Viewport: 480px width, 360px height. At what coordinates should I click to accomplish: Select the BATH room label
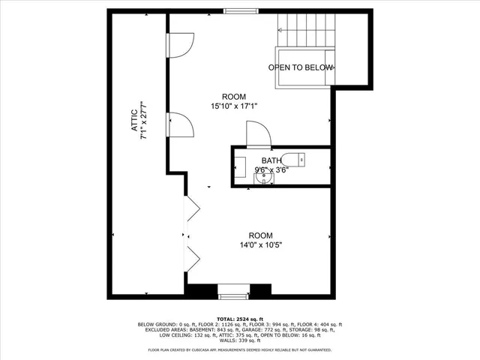[271, 160]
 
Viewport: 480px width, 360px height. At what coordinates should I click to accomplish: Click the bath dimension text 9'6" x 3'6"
[271, 169]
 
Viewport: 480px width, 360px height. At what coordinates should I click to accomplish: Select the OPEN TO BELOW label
[301, 67]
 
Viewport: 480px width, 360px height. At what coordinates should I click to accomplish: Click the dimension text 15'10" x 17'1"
[234, 106]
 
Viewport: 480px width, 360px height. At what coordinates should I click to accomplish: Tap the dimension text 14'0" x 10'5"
[260, 244]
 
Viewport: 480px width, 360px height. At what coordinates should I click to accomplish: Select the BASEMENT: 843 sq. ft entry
[206, 330]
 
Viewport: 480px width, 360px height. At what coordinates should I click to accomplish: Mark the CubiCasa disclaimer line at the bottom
[239, 349]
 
